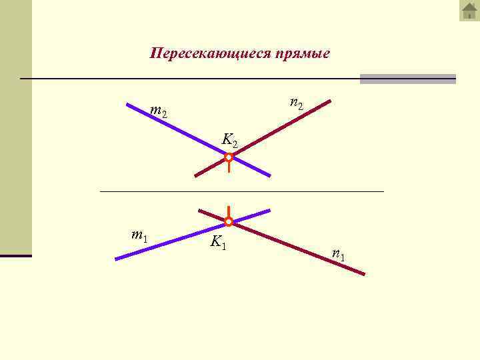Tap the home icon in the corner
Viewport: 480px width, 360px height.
(x=469, y=11)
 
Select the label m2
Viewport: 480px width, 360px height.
(x=159, y=111)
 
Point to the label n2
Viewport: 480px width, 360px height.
(x=297, y=103)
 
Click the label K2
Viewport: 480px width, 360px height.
(x=229, y=140)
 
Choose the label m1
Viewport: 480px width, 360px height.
(x=139, y=235)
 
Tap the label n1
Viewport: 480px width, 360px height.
(x=339, y=253)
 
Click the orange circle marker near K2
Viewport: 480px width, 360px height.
(x=229, y=158)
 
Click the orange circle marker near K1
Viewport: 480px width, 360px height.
(x=228, y=221)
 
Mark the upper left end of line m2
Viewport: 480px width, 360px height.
(x=128, y=104)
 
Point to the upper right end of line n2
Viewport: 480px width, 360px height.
(x=329, y=101)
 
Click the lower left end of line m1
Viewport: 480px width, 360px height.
(x=116, y=259)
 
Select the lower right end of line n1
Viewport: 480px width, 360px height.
(x=364, y=273)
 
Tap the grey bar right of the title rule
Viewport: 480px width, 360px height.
(x=407, y=79)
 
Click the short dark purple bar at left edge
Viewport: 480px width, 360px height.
(x=15, y=255)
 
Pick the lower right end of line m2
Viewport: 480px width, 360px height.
(x=269, y=175)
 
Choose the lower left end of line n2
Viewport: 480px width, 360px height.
(x=195, y=175)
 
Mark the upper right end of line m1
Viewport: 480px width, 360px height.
(x=269, y=210)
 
